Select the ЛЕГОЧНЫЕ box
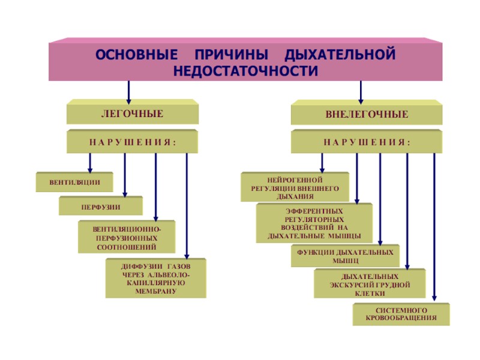[131, 113]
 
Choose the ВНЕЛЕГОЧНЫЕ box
[367, 114]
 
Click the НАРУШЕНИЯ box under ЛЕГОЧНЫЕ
[131, 143]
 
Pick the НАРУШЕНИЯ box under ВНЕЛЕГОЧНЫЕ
[367, 143]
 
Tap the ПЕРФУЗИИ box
[101, 206]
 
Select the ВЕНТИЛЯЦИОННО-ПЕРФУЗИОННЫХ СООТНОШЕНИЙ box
[127, 238]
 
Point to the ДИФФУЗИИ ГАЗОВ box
[156, 278]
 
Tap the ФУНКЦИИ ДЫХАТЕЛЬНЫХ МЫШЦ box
[345, 256]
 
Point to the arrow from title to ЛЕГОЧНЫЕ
[128, 91]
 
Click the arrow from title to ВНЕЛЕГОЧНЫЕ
[361, 91]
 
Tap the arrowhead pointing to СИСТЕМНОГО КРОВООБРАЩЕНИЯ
[434, 298]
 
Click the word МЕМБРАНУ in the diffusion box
[156, 291]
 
